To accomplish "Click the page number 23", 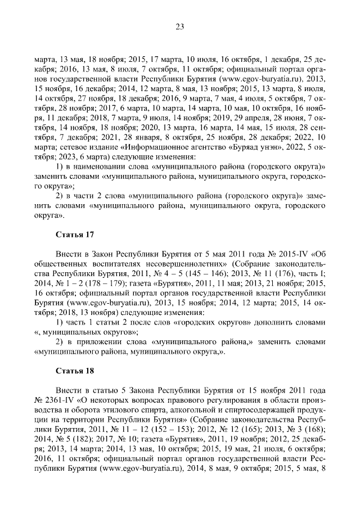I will tap(180, 26).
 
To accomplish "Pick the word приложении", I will tap(99, 342).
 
